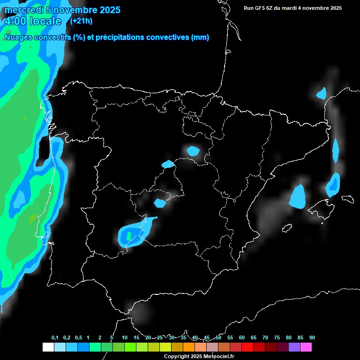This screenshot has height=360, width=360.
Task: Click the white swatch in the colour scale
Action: (48, 347)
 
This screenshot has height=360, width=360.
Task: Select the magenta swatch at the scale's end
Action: (306, 347)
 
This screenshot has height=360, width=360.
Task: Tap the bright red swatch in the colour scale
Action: (247, 347)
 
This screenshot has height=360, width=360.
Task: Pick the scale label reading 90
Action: (312, 338)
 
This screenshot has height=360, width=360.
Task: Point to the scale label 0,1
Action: (55, 338)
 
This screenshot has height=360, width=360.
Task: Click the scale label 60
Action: (242, 338)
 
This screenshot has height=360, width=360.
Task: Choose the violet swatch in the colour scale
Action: (294, 347)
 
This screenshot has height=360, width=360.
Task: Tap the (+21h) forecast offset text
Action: (81, 21)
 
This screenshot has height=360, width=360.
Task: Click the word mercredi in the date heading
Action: (24, 10)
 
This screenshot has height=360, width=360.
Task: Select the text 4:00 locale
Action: (33, 21)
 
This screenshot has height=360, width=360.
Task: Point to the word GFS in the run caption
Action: (261, 8)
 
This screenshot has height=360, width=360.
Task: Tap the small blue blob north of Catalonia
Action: (321, 93)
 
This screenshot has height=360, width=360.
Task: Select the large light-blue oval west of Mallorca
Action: (297, 196)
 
